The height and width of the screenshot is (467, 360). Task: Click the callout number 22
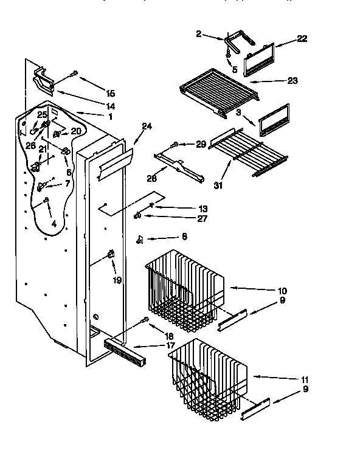(302, 39)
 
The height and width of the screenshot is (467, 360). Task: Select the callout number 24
(147, 126)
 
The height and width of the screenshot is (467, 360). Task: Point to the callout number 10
(282, 291)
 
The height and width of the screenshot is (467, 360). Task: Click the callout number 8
(184, 236)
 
